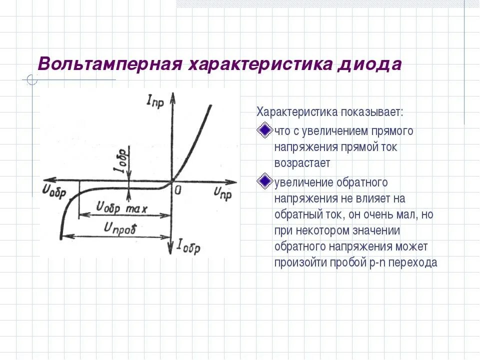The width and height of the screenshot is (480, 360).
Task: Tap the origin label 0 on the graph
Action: coord(177,189)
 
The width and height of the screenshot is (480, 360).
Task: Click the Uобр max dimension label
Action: coord(121,206)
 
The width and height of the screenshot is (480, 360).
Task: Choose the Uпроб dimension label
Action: coord(120,227)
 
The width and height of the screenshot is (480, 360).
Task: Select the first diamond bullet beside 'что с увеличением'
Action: coord(263,131)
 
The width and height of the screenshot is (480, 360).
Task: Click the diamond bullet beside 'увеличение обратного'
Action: coord(263,181)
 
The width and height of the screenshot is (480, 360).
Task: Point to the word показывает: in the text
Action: coord(372,111)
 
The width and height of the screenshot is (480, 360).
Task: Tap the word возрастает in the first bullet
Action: coord(302,163)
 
